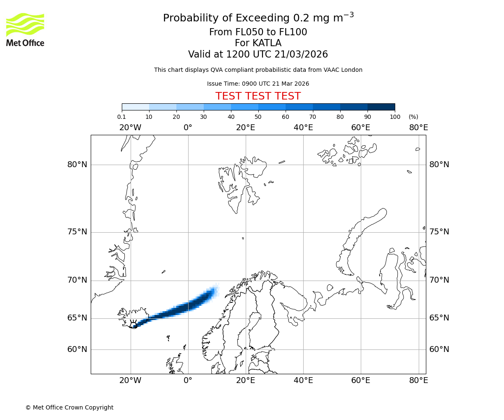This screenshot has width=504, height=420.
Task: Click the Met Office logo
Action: pos(25,29)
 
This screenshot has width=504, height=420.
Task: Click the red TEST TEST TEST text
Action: pos(258,96)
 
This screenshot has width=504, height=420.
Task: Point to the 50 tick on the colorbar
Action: pos(258,117)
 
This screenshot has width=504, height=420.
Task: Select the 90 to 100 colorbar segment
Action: pos(381,107)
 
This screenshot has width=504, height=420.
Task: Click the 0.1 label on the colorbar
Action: pos(122,117)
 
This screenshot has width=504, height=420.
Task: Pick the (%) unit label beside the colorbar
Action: pos(413,117)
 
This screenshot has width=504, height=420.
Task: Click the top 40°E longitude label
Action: pos(303,128)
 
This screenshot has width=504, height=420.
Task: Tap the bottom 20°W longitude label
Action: pos(130,381)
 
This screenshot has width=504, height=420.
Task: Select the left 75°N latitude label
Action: pos(77,232)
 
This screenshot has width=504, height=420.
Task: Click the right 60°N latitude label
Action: pos(439,349)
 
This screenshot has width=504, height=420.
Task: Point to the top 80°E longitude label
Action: pos(418,128)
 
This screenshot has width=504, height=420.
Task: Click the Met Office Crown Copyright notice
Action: pos(69,407)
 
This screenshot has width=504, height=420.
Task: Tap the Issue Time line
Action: pos(258,84)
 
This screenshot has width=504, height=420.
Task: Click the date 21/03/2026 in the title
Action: pos(301,55)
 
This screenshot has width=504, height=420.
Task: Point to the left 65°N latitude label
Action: pos(77,318)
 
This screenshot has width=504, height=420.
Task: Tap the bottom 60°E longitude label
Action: pos(361,381)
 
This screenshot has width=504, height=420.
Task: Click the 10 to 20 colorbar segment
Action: pos(163,107)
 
